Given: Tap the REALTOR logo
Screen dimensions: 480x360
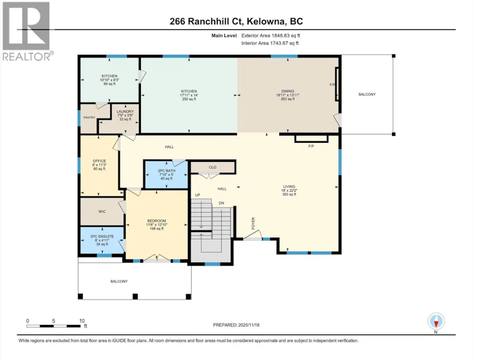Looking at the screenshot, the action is click(27, 31).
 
